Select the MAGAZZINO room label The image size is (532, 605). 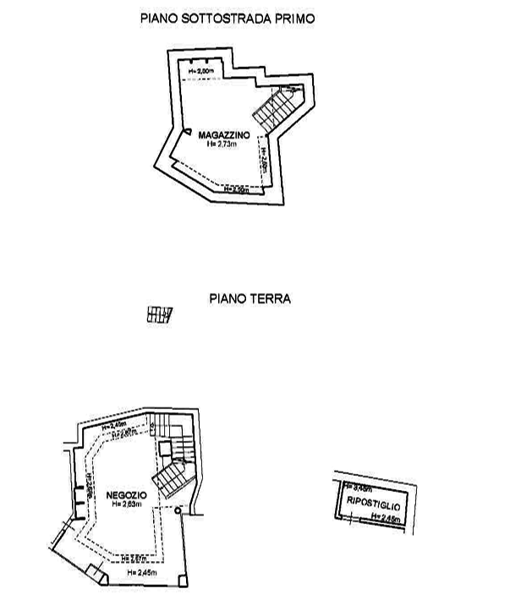pyautogui.click(x=223, y=135)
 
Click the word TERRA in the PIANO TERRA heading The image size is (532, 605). pyautogui.click(x=273, y=299)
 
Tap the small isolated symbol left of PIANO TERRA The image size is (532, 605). pyautogui.click(x=159, y=313)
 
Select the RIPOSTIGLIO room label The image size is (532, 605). pyautogui.click(x=372, y=504)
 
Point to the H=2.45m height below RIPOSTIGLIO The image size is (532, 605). pyautogui.click(x=377, y=514)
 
